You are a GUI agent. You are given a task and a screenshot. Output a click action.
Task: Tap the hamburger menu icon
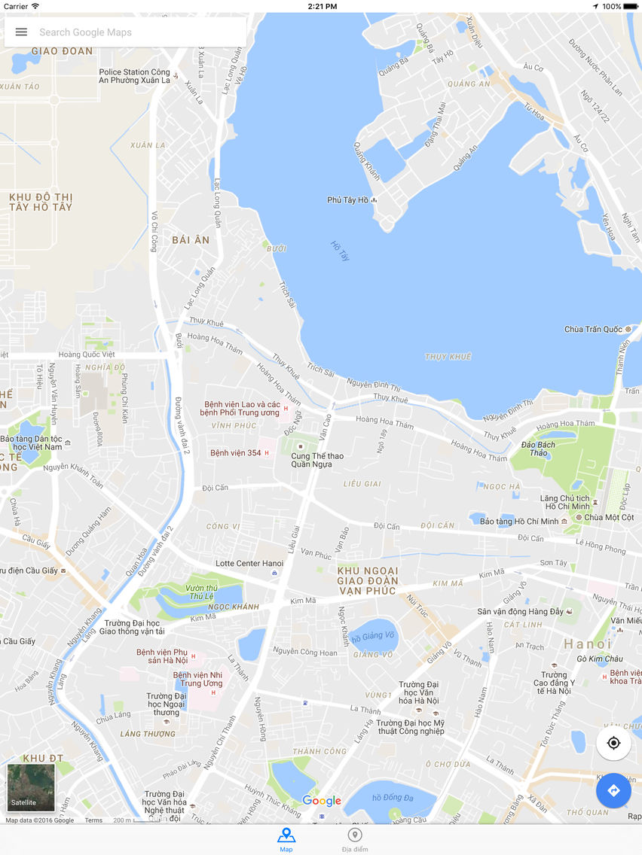(x=21, y=32)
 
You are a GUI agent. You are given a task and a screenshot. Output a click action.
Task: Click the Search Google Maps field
(x=136, y=32)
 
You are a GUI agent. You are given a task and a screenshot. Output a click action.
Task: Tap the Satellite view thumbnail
(x=31, y=788)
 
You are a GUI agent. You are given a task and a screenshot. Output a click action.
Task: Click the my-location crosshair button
(x=613, y=744)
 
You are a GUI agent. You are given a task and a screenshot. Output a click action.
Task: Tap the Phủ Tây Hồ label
(x=348, y=200)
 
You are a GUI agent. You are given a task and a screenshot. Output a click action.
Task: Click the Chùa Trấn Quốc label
(x=593, y=330)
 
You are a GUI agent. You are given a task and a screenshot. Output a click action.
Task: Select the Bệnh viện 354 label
(x=235, y=453)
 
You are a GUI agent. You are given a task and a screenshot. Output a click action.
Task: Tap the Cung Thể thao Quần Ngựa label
(x=317, y=460)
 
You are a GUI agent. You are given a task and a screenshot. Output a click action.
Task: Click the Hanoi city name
(x=588, y=644)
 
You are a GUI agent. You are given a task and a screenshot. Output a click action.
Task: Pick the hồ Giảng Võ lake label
(x=373, y=639)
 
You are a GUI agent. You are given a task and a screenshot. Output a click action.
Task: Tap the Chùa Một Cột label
(x=609, y=518)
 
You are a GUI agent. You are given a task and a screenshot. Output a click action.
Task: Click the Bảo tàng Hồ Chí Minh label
(x=519, y=522)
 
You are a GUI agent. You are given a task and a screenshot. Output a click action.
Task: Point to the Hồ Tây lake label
(x=341, y=251)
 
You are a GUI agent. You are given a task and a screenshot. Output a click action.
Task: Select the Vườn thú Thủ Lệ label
(x=200, y=591)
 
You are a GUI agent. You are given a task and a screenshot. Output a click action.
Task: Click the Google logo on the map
(x=322, y=802)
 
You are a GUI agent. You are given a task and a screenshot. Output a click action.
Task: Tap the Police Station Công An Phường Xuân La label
(x=134, y=77)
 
